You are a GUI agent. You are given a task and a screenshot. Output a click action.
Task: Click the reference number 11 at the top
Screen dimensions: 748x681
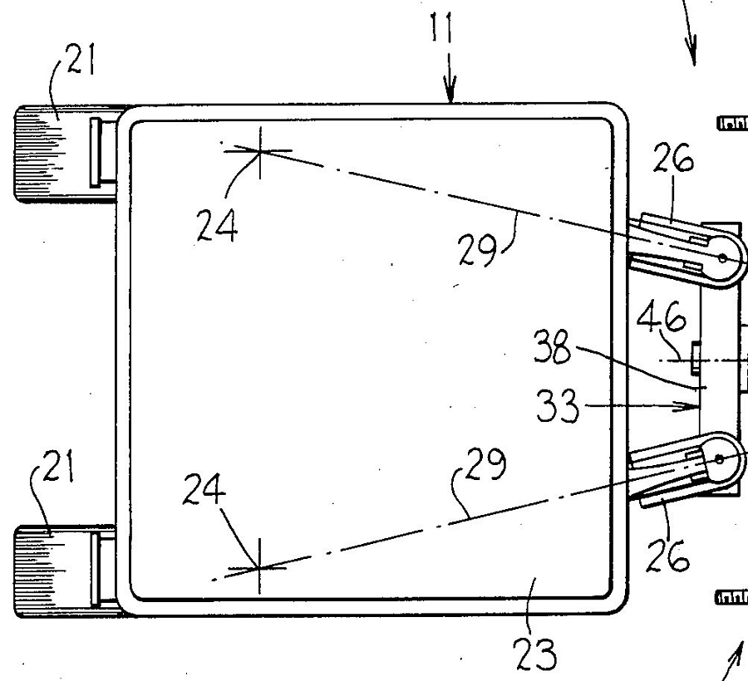click(x=440, y=27)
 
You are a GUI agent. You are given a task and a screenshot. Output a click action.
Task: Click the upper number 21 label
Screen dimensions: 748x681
click(x=81, y=59)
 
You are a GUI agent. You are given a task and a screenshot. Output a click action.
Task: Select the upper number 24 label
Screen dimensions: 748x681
click(x=217, y=225)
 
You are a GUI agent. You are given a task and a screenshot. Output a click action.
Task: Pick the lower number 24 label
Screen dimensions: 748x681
click(x=204, y=489)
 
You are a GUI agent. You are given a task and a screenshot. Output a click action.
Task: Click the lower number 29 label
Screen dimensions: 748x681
click(x=486, y=463)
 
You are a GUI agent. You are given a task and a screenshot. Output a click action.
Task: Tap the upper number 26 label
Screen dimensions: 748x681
click(x=673, y=158)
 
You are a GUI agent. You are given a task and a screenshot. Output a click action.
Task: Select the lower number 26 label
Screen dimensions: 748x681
click(x=668, y=556)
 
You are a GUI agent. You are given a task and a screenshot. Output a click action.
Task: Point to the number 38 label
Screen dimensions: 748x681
click(x=552, y=347)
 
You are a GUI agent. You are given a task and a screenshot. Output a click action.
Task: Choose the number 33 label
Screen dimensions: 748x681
click(x=558, y=406)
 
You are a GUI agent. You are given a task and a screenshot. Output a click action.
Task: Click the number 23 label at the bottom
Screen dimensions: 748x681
click(x=535, y=654)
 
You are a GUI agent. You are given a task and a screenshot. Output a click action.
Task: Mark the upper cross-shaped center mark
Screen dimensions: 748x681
click(x=260, y=151)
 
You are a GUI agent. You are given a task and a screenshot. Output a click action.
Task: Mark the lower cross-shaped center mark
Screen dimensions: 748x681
click(x=259, y=567)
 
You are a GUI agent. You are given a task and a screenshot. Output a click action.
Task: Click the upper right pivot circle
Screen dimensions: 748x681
click(x=722, y=258)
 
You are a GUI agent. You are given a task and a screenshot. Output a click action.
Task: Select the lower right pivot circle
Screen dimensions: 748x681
click(x=720, y=459)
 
